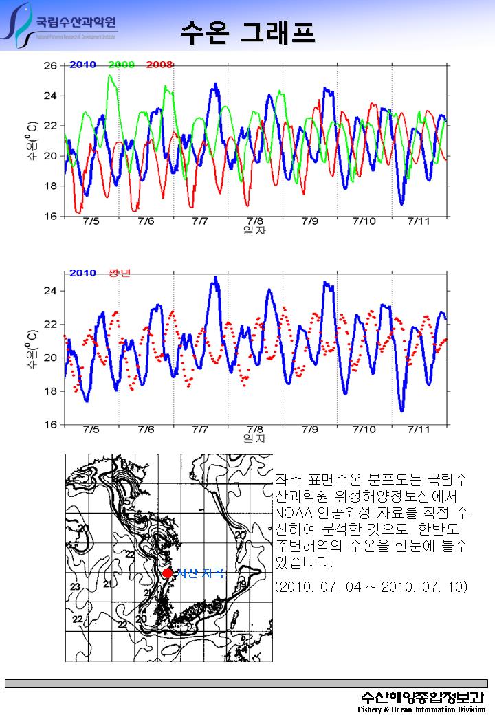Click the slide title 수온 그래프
(x=247, y=31)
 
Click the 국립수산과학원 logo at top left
(x=62, y=25)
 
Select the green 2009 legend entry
(x=121, y=65)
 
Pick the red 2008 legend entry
(x=159, y=65)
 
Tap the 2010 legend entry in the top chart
(x=82, y=65)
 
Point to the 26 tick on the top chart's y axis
(x=51, y=66)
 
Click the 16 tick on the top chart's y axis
(x=51, y=217)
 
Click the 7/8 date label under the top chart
(x=255, y=221)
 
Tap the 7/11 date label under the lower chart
(x=419, y=430)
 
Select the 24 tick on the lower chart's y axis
(x=51, y=291)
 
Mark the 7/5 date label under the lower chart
(x=91, y=430)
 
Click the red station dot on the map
(x=167, y=573)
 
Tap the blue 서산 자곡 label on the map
(x=200, y=573)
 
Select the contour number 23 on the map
(x=75, y=586)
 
